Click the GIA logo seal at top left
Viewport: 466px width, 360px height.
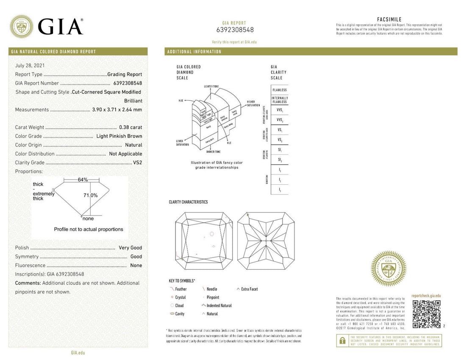coord(22,26)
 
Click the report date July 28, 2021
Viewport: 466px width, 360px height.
coord(30,66)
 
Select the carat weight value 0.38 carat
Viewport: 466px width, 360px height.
coord(130,127)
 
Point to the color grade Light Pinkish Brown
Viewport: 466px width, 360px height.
coord(120,136)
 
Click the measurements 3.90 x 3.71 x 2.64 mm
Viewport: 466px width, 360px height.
coord(117,110)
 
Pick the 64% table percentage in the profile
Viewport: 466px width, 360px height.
coord(83,180)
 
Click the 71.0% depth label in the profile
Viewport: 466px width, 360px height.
coord(90,195)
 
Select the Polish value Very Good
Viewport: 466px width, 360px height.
coord(130,248)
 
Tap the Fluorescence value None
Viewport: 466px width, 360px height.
coord(136,266)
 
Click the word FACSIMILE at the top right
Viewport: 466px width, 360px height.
coord(389,19)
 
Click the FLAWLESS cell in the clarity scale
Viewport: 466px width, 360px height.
coord(280,90)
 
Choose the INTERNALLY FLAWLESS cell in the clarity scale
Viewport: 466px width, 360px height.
coord(280,100)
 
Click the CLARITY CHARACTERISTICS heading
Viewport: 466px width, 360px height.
coord(189,202)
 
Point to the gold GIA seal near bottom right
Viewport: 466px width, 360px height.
coord(388,269)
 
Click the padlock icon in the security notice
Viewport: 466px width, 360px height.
coord(341,340)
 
